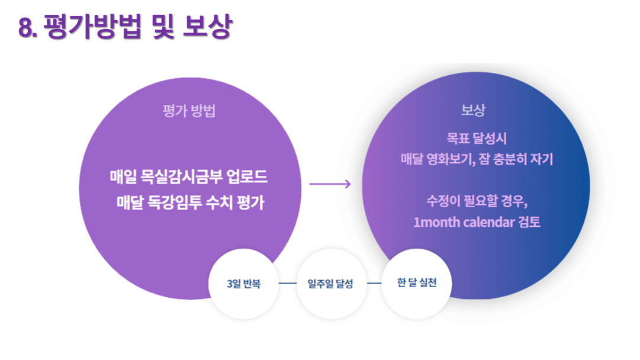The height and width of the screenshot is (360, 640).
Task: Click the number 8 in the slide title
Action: tap(26, 28)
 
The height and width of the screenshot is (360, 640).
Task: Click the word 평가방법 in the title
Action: tap(92, 27)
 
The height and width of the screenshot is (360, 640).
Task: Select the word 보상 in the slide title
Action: tap(208, 27)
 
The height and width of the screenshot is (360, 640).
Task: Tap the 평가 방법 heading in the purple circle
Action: tap(189, 111)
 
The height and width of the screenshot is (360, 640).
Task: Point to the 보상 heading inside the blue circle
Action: tap(474, 110)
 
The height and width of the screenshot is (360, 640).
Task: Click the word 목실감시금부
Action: tap(182, 176)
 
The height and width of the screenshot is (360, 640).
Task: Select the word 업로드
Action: tap(247, 176)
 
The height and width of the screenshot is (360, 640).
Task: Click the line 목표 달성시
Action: tap(477, 139)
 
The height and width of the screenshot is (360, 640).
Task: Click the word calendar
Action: tap(489, 222)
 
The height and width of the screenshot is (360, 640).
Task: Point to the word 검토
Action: tap(529, 222)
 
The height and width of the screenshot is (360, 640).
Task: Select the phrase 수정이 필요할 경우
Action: tap(477, 201)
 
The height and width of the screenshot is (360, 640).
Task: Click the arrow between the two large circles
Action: tap(330, 184)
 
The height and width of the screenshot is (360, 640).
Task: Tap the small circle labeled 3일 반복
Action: tap(244, 284)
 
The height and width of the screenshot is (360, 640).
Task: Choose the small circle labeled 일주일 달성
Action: tap(331, 284)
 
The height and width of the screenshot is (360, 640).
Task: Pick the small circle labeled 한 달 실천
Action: tap(417, 284)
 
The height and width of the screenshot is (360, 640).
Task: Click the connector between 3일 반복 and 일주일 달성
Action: tap(288, 283)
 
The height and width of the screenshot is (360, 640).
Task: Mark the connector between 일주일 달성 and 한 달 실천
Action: tap(374, 283)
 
